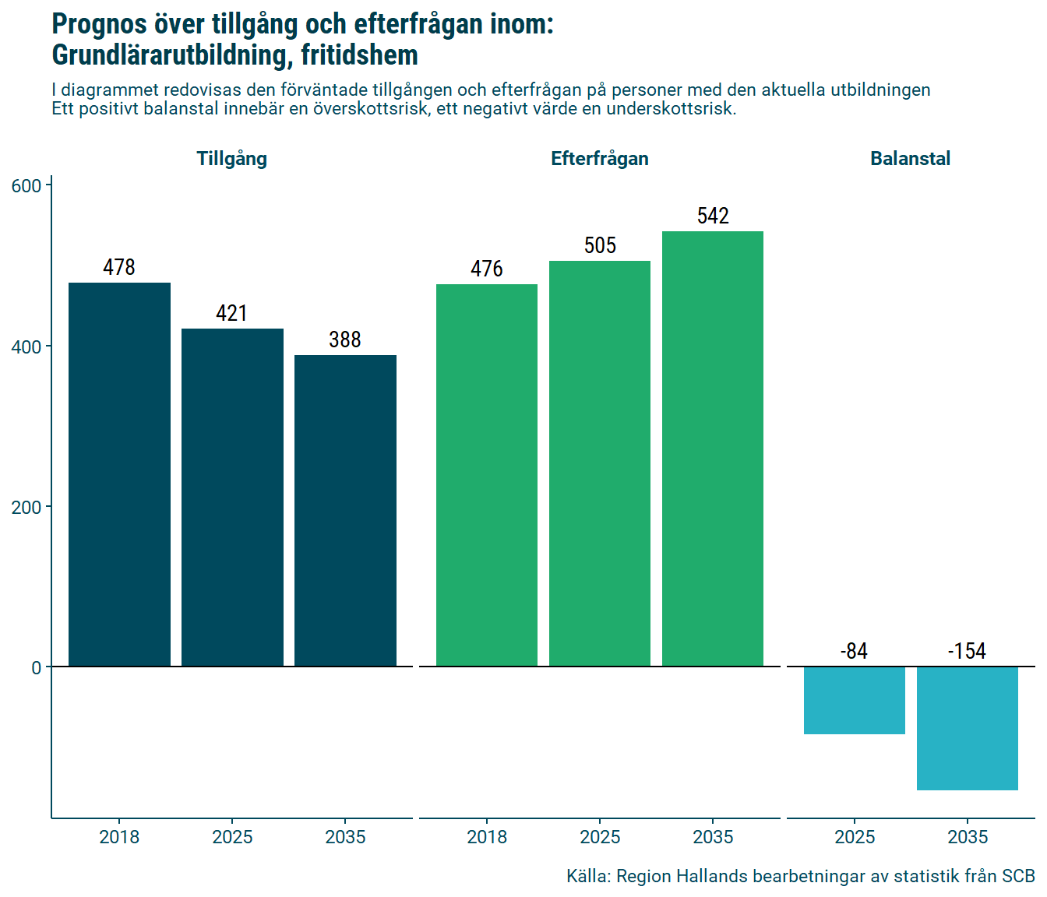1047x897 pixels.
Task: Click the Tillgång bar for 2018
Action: pos(119,474)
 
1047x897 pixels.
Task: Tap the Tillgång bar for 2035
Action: pos(345,510)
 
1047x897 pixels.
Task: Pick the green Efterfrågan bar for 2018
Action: pos(487,475)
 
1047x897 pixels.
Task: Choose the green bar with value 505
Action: pos(600,463)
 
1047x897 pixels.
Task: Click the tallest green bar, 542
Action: pos(713,448)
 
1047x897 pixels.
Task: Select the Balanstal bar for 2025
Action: pos(855,700)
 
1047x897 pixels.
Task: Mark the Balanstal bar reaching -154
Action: pos(968,728)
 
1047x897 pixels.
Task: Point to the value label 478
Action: pos(119,267)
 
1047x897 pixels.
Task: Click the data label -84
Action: pos(855,651)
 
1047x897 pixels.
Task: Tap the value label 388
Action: pos(345,339)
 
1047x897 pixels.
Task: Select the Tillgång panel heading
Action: pos(232,159)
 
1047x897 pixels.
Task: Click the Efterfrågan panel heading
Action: pos(600,159)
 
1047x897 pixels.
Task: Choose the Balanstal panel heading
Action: pos(910,159)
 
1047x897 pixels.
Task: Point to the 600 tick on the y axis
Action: pos(26,186)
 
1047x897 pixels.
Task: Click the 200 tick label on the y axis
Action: pos(26,508)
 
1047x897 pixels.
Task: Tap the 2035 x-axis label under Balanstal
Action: pos(968,837)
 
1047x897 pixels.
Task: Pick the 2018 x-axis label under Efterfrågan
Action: pos(487,837)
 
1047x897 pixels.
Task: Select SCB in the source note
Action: pos(1018,876)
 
